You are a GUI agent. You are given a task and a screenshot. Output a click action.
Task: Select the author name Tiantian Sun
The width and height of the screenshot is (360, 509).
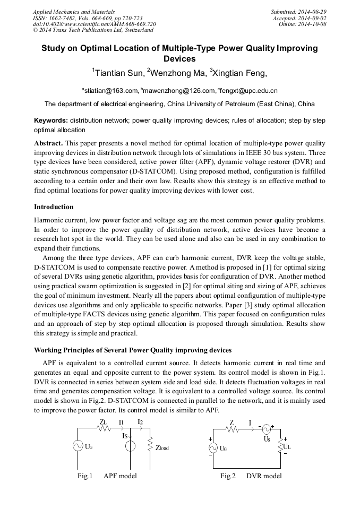coord(117,73)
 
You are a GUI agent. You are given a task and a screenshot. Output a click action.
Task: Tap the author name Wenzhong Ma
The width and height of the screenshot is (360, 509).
coord(177,73)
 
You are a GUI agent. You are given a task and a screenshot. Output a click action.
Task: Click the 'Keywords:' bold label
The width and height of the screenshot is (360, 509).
coord(51,120)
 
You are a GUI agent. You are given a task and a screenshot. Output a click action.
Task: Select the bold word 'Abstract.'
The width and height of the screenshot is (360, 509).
coord(49,143)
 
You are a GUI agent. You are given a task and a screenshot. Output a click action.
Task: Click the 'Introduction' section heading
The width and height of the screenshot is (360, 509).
coord(54,206)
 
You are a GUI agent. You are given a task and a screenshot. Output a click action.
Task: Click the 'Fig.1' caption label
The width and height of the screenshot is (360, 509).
coord(85,476)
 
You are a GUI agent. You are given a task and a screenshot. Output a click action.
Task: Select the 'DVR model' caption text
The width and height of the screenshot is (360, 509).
coord(264,476)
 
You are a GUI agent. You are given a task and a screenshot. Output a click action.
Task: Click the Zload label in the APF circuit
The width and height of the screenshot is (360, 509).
coord(162,447)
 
